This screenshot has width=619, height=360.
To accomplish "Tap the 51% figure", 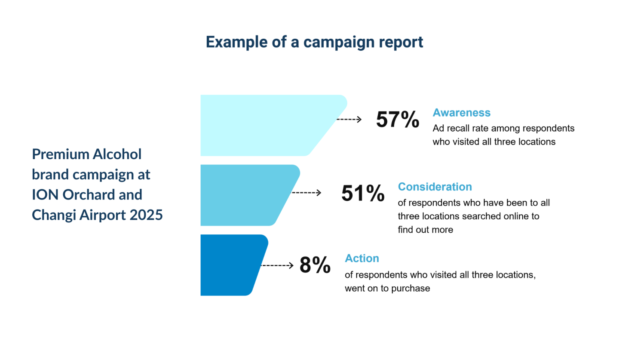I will click(x=362, y=194).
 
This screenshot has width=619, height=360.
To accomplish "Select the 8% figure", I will click(x=315, y=265).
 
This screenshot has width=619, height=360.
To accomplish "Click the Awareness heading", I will click(x=461, y=113).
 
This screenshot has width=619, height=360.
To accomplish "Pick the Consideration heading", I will click(x=435, y=187).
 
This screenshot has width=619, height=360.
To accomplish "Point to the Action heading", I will click(x=362, y=258).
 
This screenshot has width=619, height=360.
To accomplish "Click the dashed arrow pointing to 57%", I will click(x=349, y=119).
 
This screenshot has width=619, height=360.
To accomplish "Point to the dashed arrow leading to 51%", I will click(x=306, y=193).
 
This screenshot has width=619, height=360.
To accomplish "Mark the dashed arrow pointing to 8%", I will click(x=277, y=265).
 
